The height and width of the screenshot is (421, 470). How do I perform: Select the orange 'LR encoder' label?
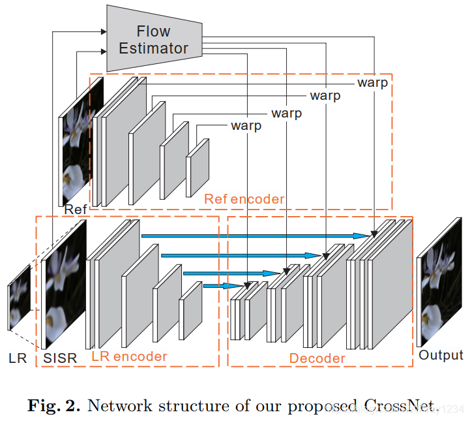129,356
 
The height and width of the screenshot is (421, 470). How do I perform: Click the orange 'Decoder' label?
317,358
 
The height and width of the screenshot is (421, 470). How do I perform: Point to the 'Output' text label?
441,355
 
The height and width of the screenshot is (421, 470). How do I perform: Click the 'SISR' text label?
59,358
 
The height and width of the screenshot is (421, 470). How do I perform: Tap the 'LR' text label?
18,358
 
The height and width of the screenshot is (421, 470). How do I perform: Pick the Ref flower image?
82,141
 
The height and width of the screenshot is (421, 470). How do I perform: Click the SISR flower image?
65,283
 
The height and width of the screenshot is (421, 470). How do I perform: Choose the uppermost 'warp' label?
372,83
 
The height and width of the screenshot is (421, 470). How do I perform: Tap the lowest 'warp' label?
246,125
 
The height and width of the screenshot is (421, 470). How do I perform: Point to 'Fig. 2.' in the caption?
54,405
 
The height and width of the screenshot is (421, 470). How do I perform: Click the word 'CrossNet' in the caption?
398,405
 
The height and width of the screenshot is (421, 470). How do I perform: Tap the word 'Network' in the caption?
116,405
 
